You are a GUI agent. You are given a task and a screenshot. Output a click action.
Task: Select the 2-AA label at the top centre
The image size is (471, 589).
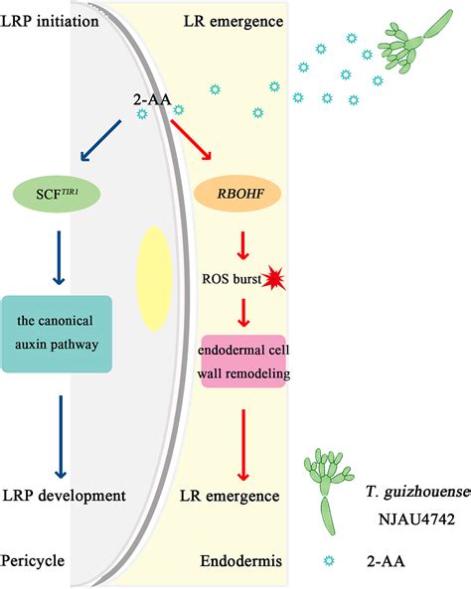[x=151, y=100]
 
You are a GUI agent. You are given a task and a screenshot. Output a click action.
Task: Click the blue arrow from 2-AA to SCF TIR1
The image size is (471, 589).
[x=100, y=143]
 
